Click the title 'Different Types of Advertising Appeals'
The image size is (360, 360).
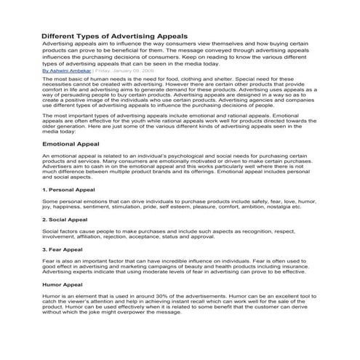pyautogui.click(x=116, y=34)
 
